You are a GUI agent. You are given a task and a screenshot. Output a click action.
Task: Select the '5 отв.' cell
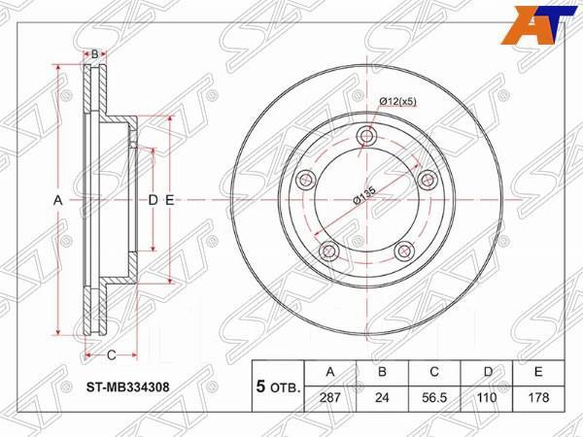tap(276, 385)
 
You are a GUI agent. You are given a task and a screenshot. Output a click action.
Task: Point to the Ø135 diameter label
tap(365, 194)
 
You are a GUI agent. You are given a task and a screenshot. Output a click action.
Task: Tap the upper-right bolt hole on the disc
tap(426, 180)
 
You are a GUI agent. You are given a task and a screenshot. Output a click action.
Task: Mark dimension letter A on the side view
tap(57, 200)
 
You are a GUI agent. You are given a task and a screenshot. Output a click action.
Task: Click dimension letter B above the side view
tap(94, 54)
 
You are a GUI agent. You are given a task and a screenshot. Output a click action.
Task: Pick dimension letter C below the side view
tap(112, 353)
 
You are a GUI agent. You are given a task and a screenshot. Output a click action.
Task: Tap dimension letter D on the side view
tap(153, 200)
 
